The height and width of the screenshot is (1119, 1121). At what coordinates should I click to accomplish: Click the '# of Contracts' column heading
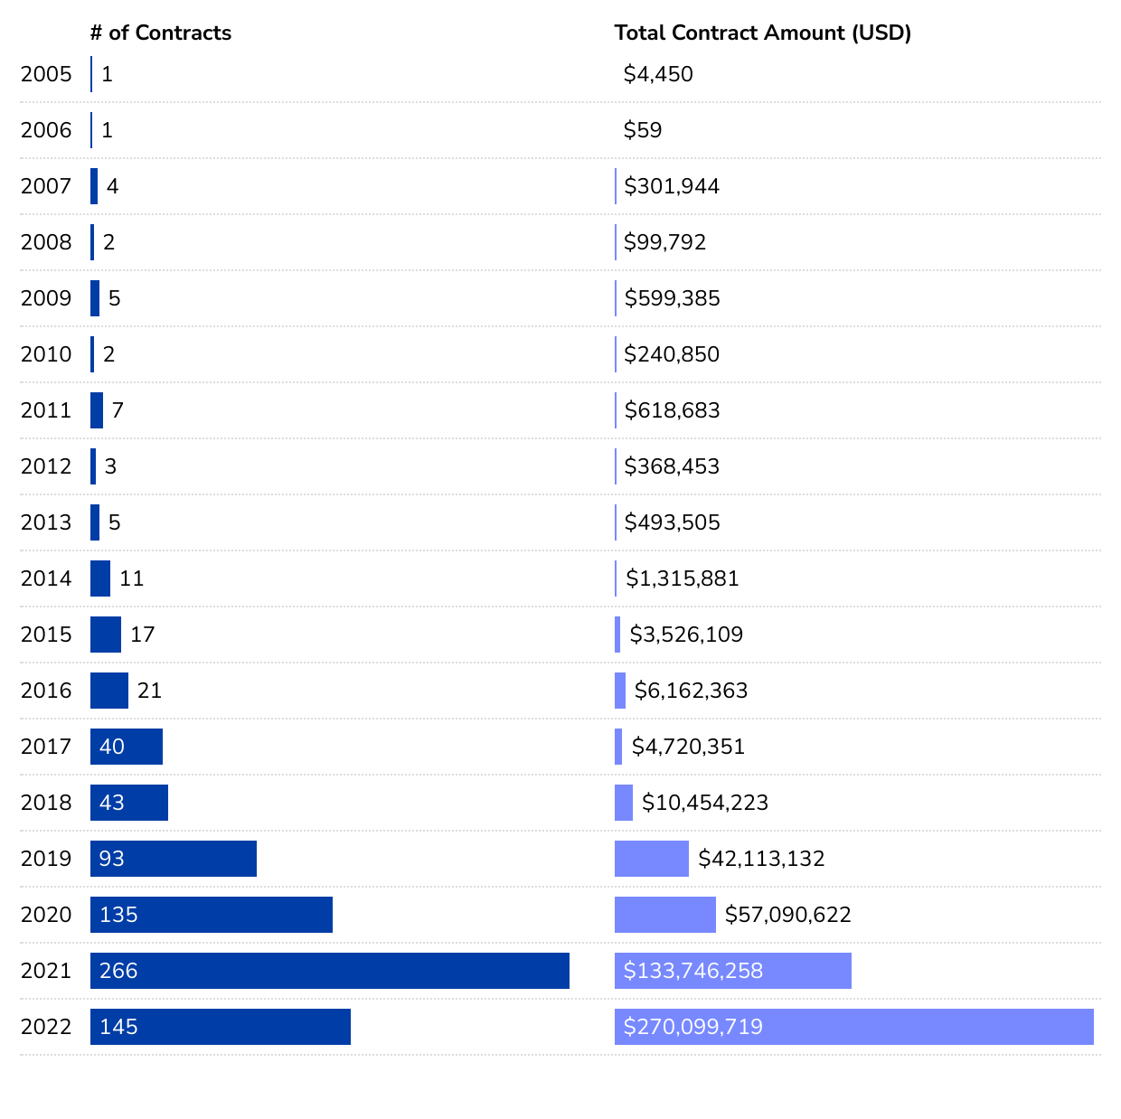point(161,33)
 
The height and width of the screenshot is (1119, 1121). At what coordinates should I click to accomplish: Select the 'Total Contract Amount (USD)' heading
point(762,33)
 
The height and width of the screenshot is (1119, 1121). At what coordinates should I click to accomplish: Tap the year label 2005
point(46,74)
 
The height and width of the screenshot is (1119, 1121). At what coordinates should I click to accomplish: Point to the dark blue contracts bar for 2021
point(330,971)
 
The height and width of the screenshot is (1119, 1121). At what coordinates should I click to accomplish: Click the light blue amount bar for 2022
point(854,1027)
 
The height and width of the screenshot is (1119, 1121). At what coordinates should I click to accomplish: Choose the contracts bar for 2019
point(174,859)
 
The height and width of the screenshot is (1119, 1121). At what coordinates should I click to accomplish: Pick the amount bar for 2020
point(665,915)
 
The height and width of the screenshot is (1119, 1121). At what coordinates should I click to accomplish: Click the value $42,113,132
point(761,859)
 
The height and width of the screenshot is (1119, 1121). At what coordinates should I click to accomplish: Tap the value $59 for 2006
point(643,130)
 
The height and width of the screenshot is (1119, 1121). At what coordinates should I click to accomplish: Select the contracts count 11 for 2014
point(132,578)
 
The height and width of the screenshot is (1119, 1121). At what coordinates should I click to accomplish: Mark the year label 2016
point(46,691)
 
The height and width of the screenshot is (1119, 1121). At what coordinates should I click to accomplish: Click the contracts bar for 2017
point(127,747)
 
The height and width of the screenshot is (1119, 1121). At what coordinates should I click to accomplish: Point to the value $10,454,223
point(705,803)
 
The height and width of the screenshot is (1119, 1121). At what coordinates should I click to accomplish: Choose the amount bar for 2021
point(733,971)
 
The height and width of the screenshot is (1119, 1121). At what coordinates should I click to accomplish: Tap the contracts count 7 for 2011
point(118,410)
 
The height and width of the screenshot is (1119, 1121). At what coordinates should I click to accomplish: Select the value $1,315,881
point(683,578)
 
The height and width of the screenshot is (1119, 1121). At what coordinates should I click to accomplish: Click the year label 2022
point(46,1027)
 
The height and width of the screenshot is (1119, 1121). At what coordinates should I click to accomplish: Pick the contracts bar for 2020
point(212,915)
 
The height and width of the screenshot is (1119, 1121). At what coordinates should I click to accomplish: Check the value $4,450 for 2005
point(658,74)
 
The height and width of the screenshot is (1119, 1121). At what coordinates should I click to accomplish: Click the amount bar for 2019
point(652,859)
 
